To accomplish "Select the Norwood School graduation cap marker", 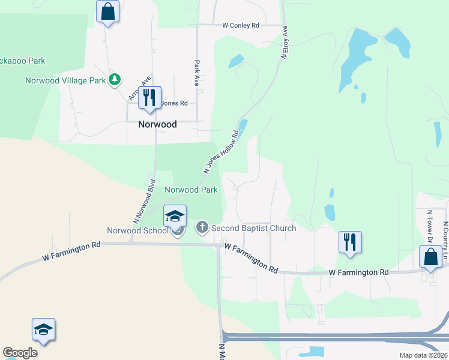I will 175,215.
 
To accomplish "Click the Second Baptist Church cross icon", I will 202,228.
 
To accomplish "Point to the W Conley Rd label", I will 240,26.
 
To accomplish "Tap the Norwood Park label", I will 191,190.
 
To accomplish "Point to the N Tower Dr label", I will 429,227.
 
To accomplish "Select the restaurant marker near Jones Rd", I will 149,97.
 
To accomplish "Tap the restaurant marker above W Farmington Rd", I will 350,242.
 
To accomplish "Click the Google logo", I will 20,353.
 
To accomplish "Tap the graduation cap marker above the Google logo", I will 43,329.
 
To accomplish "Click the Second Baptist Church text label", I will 253,228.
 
